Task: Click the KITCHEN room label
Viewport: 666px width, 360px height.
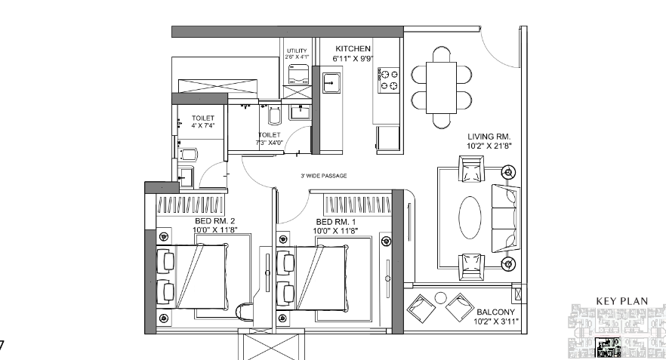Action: click(353, 48)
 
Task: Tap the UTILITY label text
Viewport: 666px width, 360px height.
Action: click(296, 51)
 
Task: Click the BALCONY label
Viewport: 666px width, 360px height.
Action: click(495, 312)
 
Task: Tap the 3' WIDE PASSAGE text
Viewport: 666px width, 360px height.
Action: click(323, 176)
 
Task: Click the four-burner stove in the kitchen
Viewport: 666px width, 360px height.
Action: click(388, 80)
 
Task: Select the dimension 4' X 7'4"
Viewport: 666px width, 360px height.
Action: click(202, 127)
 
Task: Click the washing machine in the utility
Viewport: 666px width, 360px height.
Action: click(298, 73)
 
